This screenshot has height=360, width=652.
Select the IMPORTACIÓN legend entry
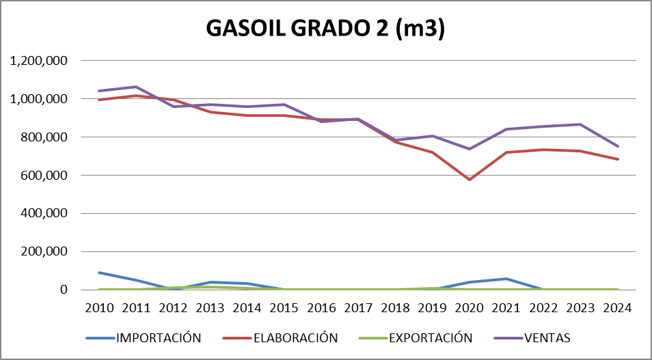pyautogui.click(x=159, y=337)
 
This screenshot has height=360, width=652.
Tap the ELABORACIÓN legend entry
pyautogui.click(x=295, y=337)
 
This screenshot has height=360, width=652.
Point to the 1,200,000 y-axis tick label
pyautogui.click(x=38, y=61)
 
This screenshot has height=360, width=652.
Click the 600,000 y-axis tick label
pyautogui.click(x=44, y=175)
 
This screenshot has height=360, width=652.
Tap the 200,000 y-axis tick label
pyautogui.click(x=44, y=251)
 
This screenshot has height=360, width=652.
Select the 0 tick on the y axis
pyautogui.click(x=63, y=290)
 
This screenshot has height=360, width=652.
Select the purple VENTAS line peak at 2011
pyautogui.click(x=136, y=87)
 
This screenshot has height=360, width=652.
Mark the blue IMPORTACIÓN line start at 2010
pyautogui.click(x=99, y=273)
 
